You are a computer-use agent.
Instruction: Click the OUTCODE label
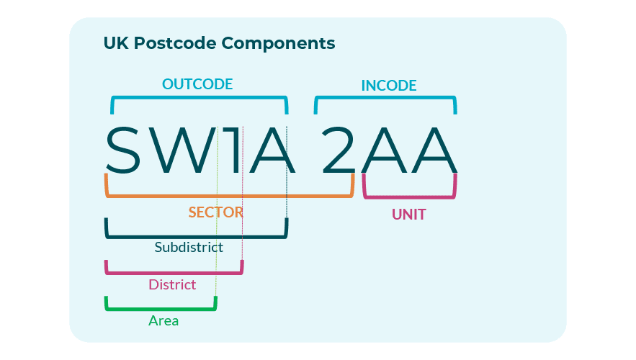pyautogui.click(x=197, y=84)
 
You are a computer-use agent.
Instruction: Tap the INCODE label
pyautogui.click(x=389, y=86)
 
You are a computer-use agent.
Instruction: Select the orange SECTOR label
pyautogui.click(x=215, y=212)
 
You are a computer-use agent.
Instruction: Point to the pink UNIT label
pyautogui.click(x=408, y=215)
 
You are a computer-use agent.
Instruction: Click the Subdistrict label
pyautogui.click(x=189, y=247)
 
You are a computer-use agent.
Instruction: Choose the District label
pyautogui.click(x=172, y=284)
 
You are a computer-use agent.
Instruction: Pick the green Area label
pyautogui.click(x=164, y=320)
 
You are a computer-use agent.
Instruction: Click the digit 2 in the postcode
pyautogui.click(x=339, y=150)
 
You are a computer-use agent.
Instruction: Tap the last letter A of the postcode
pyautogui.click(x=434, y=150)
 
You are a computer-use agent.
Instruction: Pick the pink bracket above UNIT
pyautogui.click(x=409, y=197)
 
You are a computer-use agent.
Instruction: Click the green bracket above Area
pyautogui.click(x=161, y=309)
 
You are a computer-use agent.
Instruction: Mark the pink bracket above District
pyautogui.click(x=174, y=273)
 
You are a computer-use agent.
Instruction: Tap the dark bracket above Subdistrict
pyautogui.click(x=196, y=236)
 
